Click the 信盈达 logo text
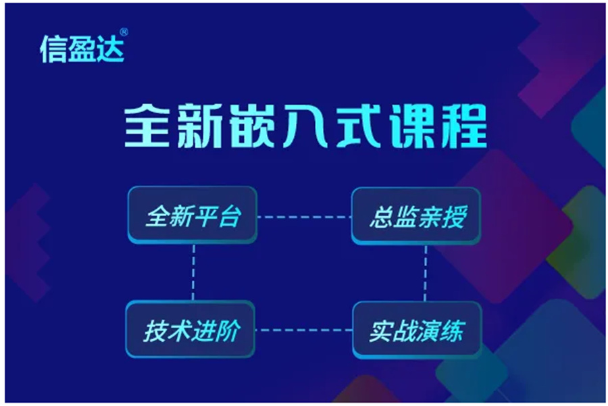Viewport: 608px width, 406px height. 82,48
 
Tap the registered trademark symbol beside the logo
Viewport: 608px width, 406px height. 123,32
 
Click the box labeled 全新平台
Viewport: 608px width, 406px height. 193,217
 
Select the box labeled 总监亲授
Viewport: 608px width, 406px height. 416,217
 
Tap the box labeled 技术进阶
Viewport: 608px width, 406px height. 191,331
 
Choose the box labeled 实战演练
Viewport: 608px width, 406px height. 417,331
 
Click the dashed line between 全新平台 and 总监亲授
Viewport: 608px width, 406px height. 304,218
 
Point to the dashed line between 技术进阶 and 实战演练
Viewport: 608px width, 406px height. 304,330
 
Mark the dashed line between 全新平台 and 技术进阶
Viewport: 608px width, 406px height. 193,273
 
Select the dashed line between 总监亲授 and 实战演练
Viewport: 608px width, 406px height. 426,273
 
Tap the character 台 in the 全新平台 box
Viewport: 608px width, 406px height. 228,218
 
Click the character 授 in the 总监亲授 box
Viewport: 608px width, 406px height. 452,218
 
